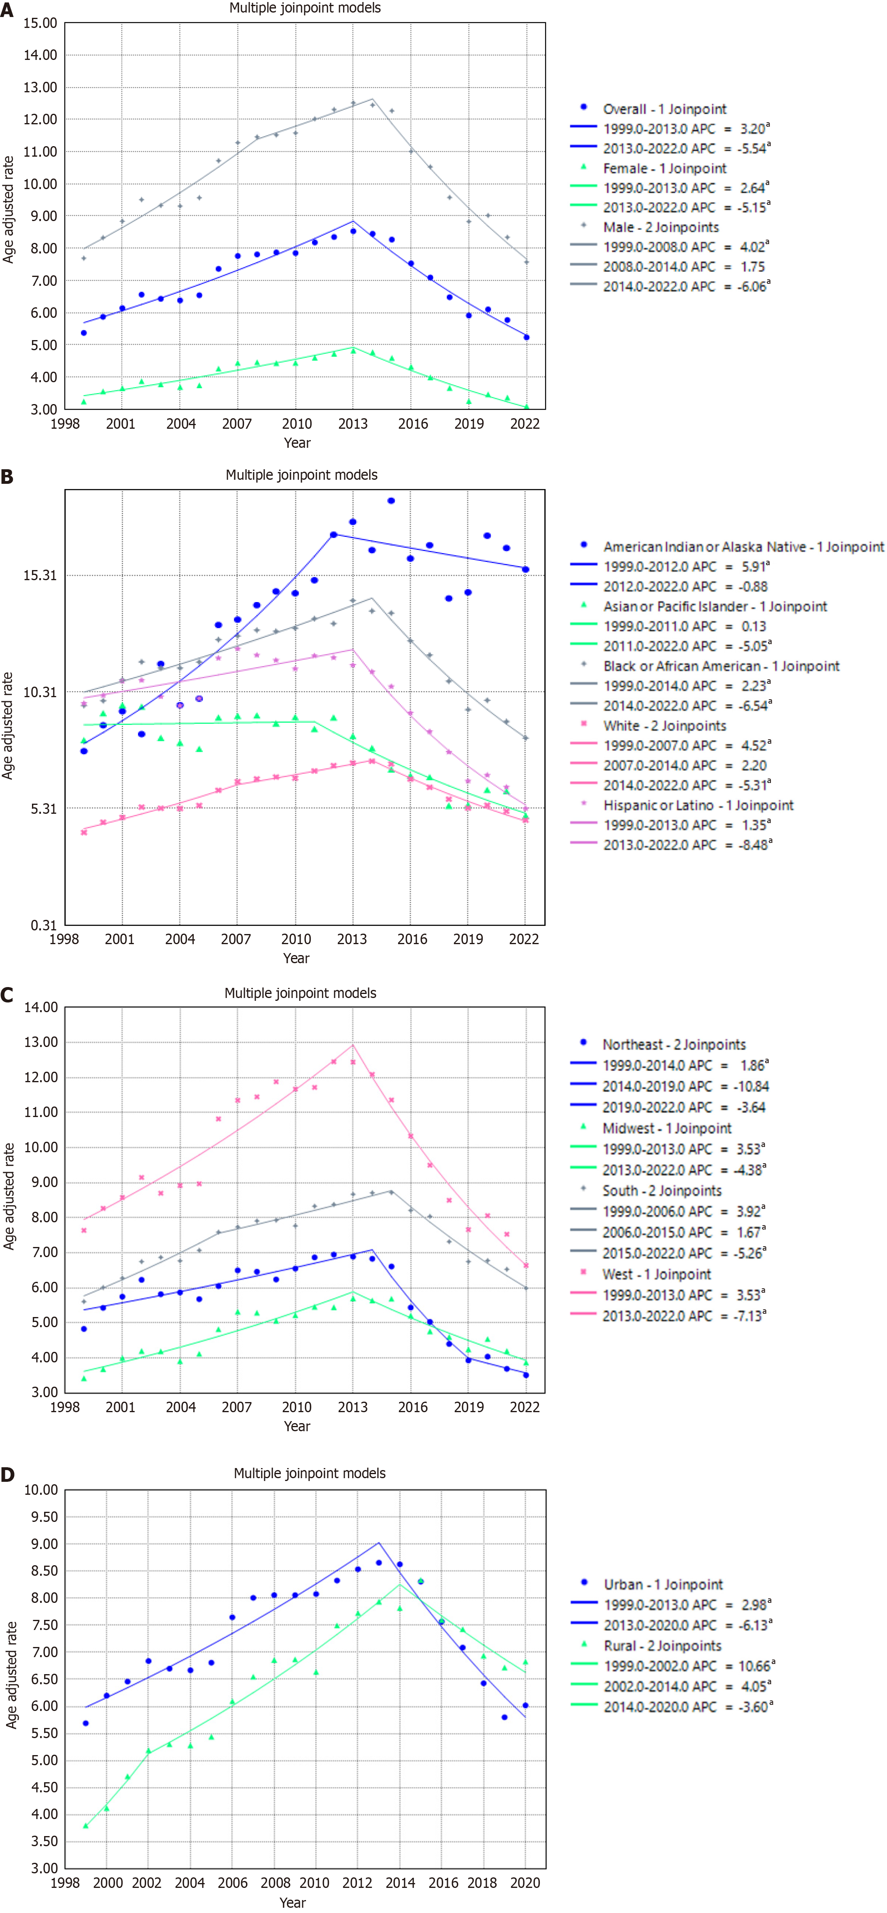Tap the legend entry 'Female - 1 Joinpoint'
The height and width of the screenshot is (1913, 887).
point(664,168)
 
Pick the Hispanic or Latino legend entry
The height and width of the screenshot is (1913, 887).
point(698,805)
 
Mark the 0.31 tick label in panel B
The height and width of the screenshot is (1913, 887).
point(43,925)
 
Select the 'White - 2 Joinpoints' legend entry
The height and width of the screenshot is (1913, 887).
point(664,726)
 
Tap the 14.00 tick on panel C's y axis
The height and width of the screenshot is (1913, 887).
point(41,1008)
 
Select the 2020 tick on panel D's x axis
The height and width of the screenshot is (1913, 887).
point(525,1883)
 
